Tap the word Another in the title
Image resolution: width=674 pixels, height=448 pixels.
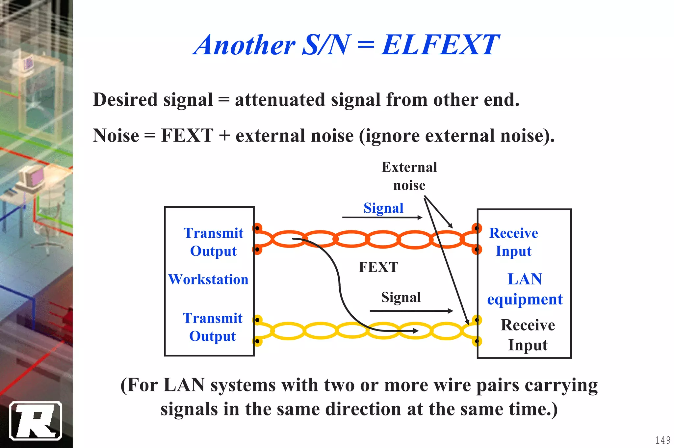(x=245, y=45)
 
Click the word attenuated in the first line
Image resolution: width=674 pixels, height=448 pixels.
(x=280, y=100)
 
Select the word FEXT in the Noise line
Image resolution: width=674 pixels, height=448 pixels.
(x=187, y=136)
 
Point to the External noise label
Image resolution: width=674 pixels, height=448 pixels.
(x=409, y=176)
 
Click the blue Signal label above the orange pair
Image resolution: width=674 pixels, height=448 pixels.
(x=383, y=208)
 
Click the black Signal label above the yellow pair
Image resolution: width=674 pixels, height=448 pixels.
(x=401, y=297)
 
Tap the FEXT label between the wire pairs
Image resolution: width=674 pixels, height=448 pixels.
(x=378, y=267)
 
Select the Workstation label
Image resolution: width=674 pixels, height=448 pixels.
(x=208, y=279)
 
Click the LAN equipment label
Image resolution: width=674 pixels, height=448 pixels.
(x=525, y=289)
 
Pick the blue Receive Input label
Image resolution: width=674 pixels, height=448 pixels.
(x=513, y=242)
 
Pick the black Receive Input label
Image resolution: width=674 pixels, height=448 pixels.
(x=528, y=335)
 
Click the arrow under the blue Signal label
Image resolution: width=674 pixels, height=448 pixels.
(x=382, y=218)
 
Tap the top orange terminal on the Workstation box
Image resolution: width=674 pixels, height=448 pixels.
(x=257, y=228)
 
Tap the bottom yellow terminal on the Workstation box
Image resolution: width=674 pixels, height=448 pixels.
(x=257, y=341)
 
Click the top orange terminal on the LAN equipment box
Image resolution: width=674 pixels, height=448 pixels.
(x=477, y=228)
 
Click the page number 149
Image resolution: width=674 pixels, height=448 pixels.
(x=662, y=440)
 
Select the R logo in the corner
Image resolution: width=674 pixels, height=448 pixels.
(x=36, y=421)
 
